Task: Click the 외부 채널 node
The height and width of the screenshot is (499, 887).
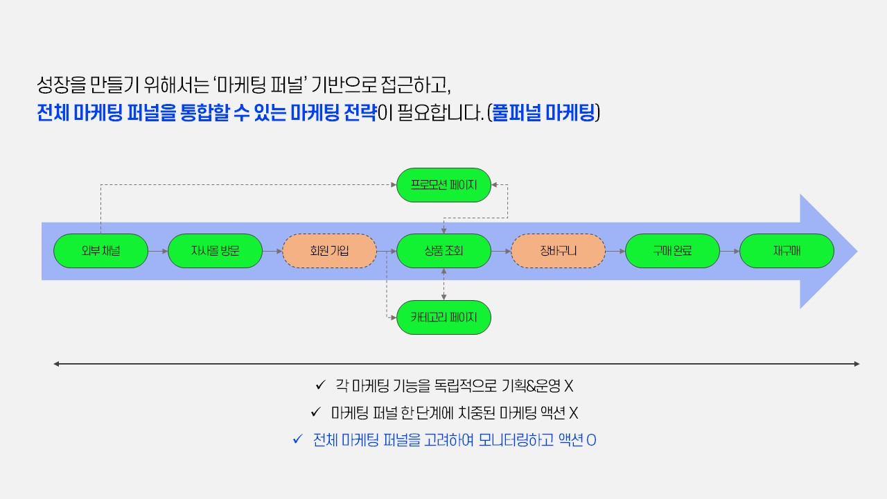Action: pyautogui.click(x=100, y=251)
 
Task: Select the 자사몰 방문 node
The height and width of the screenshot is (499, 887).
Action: pyautogui.click(x=215, y=251)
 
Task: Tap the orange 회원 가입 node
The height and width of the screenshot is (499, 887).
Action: pyautogui.click(x=329, y=251)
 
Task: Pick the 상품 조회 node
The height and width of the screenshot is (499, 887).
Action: pyautogui.click(x=443, y=251)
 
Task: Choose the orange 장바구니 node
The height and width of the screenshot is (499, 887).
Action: pyautogui.click(x=558, y=251)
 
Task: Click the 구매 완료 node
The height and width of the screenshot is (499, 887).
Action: pyautogui.click(x=672, y=251)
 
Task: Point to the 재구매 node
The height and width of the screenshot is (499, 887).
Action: pyautogui.click(x=787, y=251)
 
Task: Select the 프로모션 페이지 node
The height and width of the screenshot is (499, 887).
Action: pyautogui.click(x=443, y=185)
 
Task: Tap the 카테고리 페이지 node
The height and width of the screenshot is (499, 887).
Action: pyautogui.click(x=443, y=317)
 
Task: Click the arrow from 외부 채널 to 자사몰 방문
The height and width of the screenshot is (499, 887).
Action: pyautogui.click(x=158, y=251)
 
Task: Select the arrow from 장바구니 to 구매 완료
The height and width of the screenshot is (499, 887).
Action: pyautogui.click(x=615, y=251)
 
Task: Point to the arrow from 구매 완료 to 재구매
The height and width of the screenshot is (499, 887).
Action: pyautogui.click(x=730, y=251)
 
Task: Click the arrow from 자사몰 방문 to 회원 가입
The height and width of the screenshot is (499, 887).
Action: pyautogui.click(x=272, y=251)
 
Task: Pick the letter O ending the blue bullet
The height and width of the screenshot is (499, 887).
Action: pyautogui.click(x=591, y=440)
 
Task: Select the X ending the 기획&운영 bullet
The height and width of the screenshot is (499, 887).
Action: pyautogui.click(x=568, y=386)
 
